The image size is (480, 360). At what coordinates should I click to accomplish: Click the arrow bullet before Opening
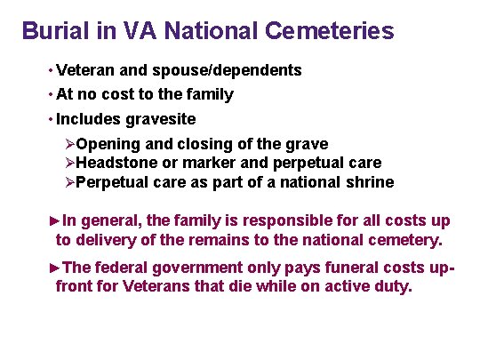pyautogui.click(x=70, y=144)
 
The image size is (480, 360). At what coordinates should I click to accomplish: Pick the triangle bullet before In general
pyautogui.click(x=55, y=220)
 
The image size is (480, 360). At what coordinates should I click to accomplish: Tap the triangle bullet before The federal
pyautogui.click(x=55, y=267)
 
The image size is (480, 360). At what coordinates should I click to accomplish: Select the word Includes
pyautogui.click(x=84, y=118)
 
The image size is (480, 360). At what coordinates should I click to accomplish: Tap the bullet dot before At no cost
pyautogui.click(x=49, y=93)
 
